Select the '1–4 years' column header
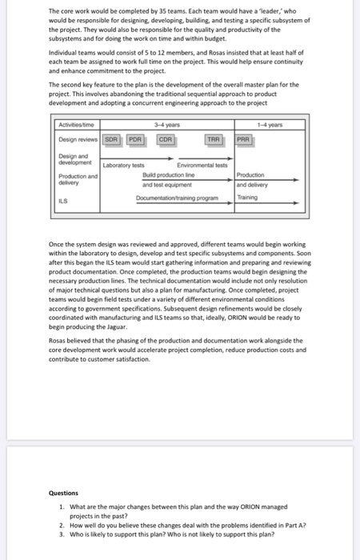coord(284,124)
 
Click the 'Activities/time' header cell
coord(76,124)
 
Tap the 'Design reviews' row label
coord(78,138)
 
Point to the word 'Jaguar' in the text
coord(114,327)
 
